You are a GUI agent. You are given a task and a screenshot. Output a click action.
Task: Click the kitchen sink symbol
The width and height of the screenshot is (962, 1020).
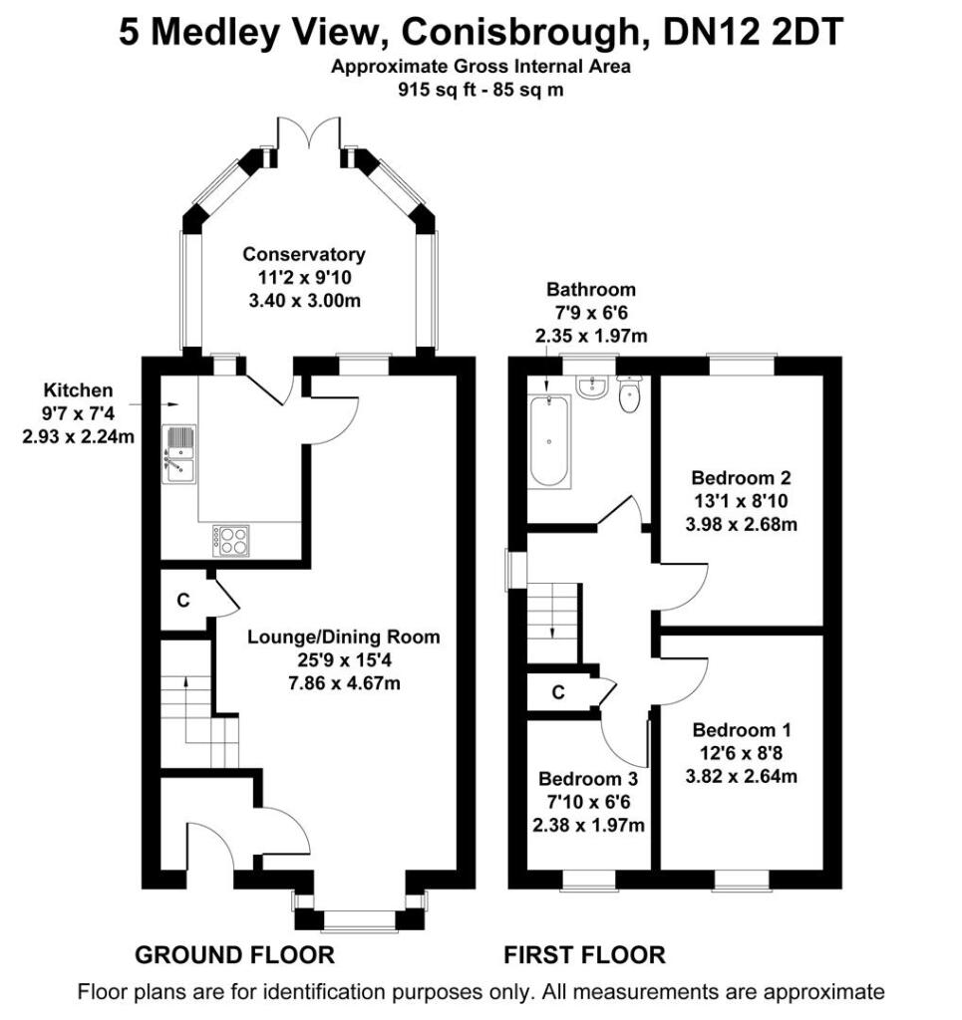click(180, 453)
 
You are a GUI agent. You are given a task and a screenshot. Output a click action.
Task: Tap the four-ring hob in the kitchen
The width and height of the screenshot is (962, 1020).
click(230, 539)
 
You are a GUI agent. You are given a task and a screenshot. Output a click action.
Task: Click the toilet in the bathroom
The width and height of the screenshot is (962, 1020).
click(630, 395)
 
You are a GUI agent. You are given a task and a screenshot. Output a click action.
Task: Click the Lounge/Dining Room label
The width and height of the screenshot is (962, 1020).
click(343, 637)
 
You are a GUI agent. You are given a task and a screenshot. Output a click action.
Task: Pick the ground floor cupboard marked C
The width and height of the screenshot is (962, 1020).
click(183, 601)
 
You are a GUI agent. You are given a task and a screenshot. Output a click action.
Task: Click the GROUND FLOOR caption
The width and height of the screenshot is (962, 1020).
click(234, 955)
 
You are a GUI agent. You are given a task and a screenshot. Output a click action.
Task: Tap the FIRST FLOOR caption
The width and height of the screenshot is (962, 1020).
click(583, 955)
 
